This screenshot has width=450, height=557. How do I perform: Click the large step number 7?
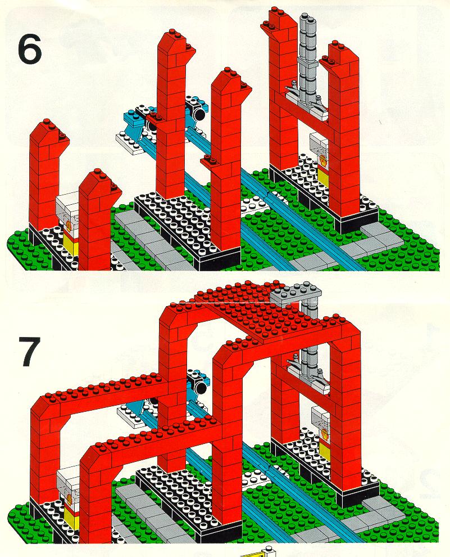click(x=29, y=351)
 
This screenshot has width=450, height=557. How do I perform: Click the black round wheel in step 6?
click(x=199, y=114)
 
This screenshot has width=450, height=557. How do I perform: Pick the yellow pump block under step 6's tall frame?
click(x=324, y=176)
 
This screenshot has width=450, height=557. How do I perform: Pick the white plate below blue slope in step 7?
click(x=130, y=416)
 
